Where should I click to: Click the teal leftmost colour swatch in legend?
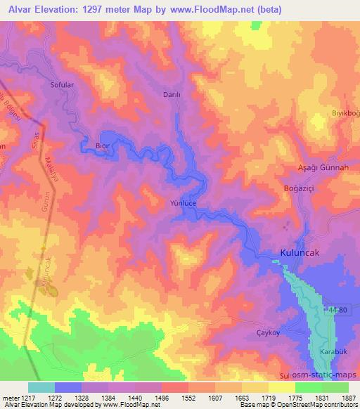click(41, 387)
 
